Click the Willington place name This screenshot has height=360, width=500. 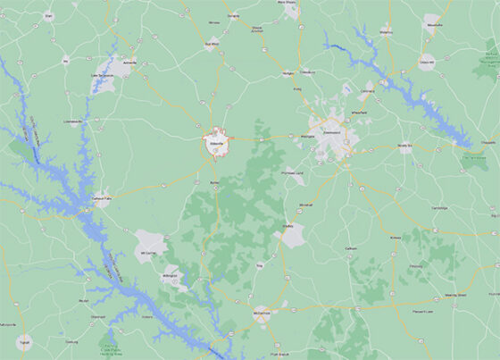pos(170,277)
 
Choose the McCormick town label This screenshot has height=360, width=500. pos(261,314)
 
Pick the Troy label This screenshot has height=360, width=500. pos(260,265)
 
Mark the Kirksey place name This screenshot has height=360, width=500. pos(396,238)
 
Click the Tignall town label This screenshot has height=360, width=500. pos(25,342)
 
